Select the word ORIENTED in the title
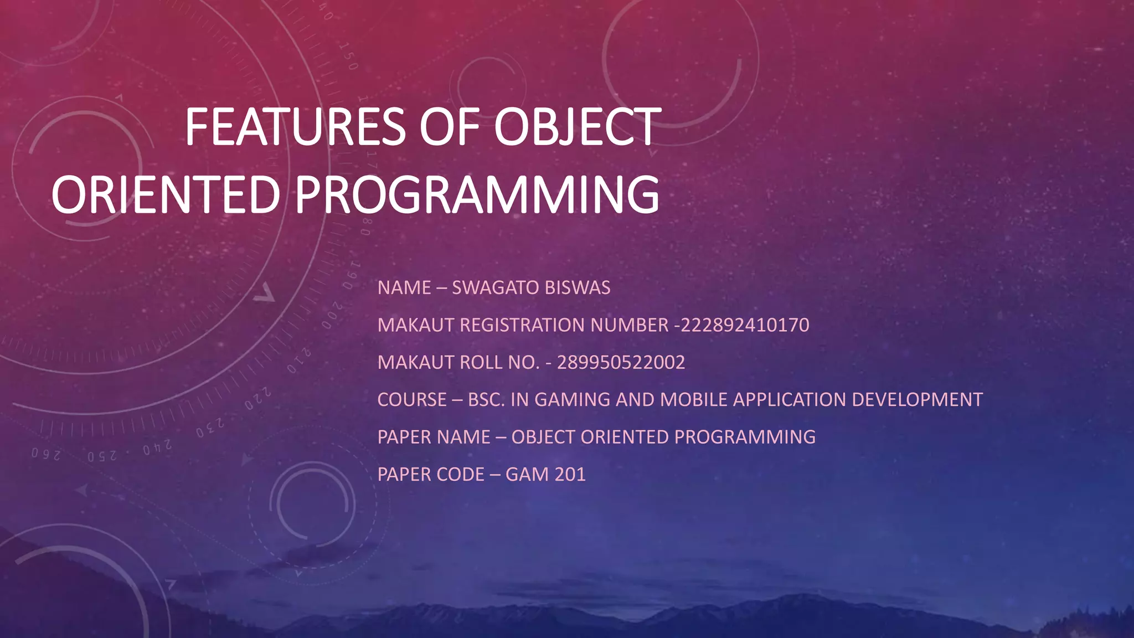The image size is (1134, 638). coord(165,194)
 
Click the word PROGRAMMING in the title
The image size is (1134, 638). coord(476,194)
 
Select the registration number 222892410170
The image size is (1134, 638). coord(744,325)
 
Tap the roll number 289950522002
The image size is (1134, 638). coord(621,363)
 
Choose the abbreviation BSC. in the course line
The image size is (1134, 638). coord(486,400)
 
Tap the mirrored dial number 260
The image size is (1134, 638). coord(45,454)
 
